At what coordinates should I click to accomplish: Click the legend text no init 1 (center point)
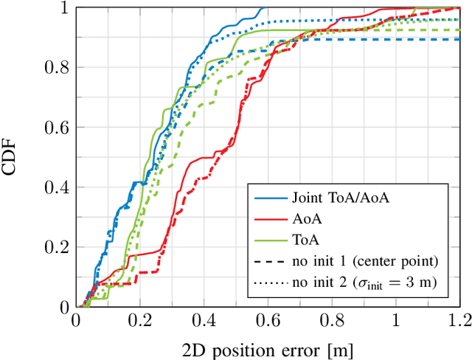tap(355, 260)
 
